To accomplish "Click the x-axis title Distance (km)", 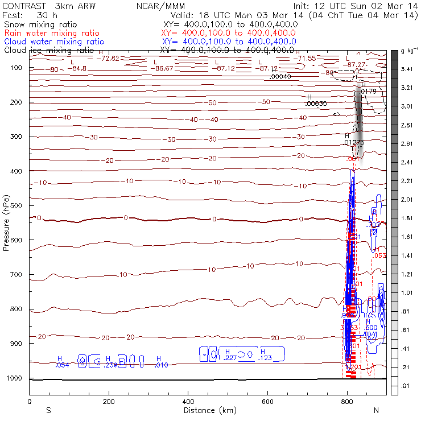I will (207, 410).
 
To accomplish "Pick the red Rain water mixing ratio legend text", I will (51, 34).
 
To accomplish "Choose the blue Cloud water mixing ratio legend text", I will (54, 42).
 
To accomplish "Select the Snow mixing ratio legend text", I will (37, 26).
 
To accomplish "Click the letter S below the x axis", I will (48, 410).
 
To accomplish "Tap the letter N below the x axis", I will (375, 410).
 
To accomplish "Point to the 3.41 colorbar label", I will (406, 69).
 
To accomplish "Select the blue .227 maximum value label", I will (230, 358).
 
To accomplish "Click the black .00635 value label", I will (315, 104).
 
